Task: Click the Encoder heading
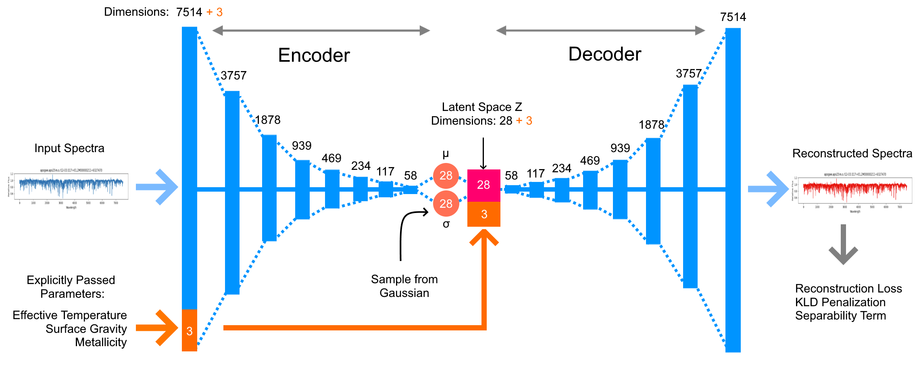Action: click(x=314, y=55)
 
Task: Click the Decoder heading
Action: click(x=604, y=54)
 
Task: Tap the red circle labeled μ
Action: click(x=446, y=175)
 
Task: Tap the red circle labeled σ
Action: click(x=446, y=203)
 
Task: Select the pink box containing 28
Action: click(x=483, y=185)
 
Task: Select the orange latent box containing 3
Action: click(x=483, y=214)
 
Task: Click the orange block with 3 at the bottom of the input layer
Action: click(x=190, y=330)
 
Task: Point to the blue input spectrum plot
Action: click(x=71, y=186)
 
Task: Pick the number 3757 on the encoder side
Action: click(x=233, y=75)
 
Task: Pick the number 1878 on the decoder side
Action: click(x=651, y=125)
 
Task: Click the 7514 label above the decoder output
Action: click(x=733, y=17)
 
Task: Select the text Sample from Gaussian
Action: click(x=404, y=286)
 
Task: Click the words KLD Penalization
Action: click(x=840, y=302)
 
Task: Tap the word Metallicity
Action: click(x=101, y=342)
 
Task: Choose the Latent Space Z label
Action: click(x=482, y=107)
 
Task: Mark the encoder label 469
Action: click(x=331, y=158)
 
